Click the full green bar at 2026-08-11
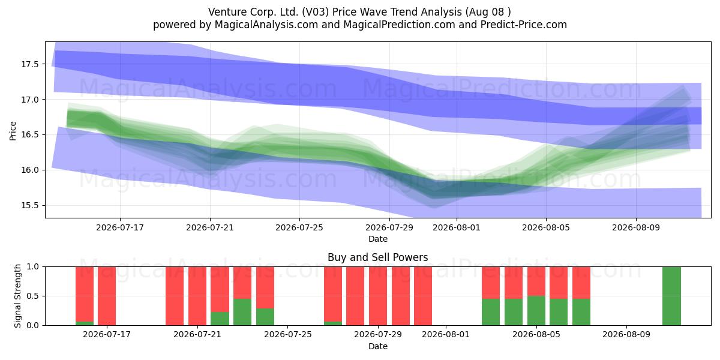[671, 296]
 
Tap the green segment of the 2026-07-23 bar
[242, 312]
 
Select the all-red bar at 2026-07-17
[107, 296]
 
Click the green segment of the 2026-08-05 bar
[536, 311]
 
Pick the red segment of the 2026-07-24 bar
[265, 287]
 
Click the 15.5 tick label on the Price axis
[29, 205]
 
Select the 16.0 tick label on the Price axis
[29, 170]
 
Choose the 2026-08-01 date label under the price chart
[457, 227]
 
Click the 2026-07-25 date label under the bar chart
[287, 334]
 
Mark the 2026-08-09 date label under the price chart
[636, 227]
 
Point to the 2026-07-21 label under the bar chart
[197, 334]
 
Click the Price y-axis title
[13, 131]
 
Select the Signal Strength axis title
[17, 296]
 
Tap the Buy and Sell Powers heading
[377, 257]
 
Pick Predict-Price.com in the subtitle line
[524, 25]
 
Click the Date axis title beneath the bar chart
[378, 346]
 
